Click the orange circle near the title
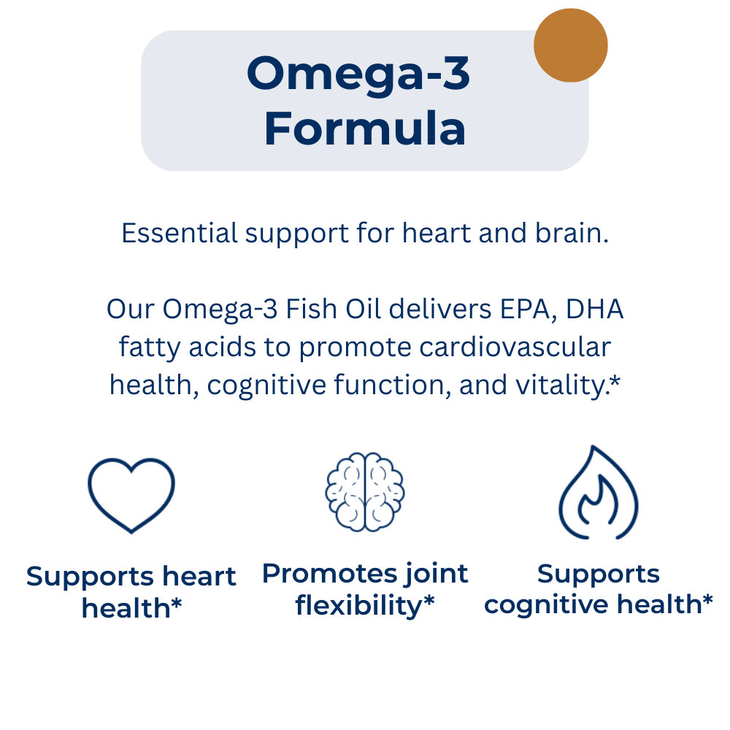tap(570, 45)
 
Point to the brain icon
tap(365, 491)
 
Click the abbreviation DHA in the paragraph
tap(594, 309)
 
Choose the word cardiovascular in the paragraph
tap(515, 347)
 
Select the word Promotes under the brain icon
tap(330, 574)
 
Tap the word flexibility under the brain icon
tap(358, 606)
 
